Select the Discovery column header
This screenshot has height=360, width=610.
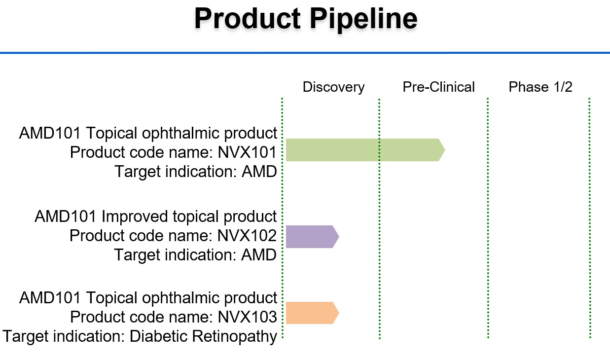point(333,87)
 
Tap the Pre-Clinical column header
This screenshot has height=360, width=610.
point(438,87)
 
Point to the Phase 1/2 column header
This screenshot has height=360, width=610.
point(540,87)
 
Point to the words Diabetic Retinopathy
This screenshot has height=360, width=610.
point(203,336)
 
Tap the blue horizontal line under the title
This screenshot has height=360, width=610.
point(305,52)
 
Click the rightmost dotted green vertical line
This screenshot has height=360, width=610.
point(590,217)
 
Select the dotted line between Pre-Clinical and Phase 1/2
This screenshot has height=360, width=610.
point(488,217)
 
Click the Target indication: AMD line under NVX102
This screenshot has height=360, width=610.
point(195,255)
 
